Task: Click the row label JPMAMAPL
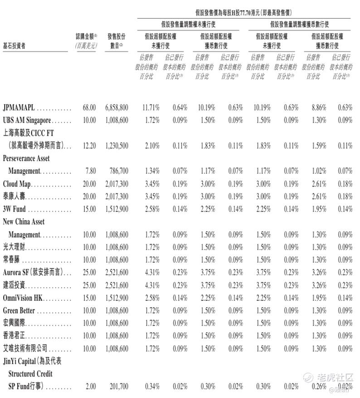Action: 19,108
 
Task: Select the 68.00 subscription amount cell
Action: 89,108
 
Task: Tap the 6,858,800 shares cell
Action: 117,108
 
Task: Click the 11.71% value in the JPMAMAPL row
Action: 151,108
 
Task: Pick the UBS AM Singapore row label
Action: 27,121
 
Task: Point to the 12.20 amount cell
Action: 89,146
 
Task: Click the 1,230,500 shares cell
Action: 117,146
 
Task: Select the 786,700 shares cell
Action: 118,171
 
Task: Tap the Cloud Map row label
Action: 17,184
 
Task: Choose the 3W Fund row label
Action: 15,209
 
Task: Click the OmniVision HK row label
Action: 24,298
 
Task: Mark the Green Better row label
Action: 19,311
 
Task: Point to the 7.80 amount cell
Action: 91,171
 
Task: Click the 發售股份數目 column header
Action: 117,41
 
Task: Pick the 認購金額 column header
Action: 86,41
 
